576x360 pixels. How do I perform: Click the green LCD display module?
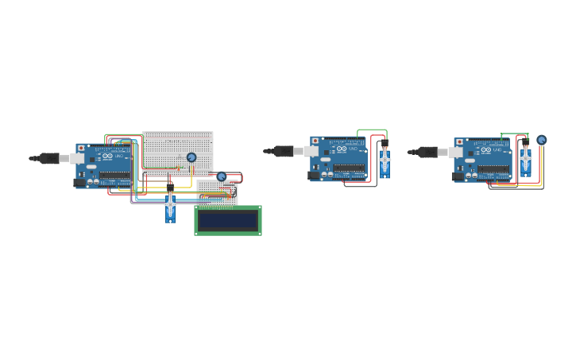pos(228,220)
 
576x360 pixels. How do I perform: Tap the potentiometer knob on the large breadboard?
pos(191,157)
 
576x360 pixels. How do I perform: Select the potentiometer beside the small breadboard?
pos(222,176)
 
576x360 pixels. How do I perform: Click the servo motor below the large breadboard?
pos(170,207)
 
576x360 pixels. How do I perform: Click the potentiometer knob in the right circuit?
pos(542,140)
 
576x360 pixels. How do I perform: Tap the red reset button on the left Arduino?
pos(81,149)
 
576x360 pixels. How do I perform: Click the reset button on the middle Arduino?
pos(315,141)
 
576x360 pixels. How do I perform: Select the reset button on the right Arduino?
pos(459,143)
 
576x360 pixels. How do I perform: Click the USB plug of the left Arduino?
pos(50,158)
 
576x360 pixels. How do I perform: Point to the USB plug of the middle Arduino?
pos(284,151)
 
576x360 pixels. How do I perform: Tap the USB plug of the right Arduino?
pos(428,152)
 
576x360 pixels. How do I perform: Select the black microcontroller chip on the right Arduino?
pos(493,169)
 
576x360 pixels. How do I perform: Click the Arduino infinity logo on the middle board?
pos(342,149)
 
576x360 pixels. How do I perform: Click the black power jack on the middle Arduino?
pos(313,175)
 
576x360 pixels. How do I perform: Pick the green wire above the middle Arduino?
pos(372,130)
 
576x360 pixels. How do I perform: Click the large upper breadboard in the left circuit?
pos(177,149)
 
